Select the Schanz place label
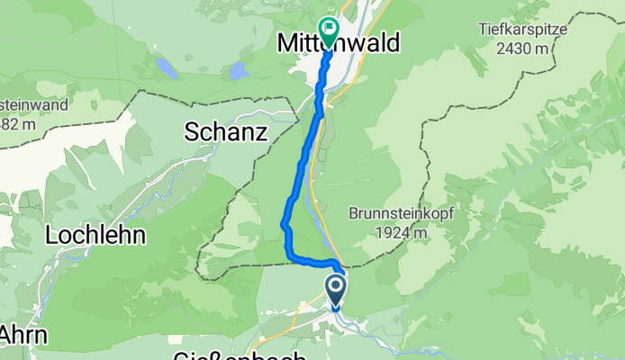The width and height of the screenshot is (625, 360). pyautogui.click(x=226, y=132)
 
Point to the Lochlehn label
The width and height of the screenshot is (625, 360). pyautogui.click(x=97, y=237)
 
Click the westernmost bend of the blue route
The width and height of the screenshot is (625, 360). pyautogui.click(x=285, y=222)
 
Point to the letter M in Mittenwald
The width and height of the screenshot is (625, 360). pyautogui.click(x=288, y=42)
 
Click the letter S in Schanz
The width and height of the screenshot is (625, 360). pyautogui.click(x=192, y=133)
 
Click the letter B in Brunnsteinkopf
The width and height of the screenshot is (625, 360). pyautogui.click(x=354, y=215)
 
